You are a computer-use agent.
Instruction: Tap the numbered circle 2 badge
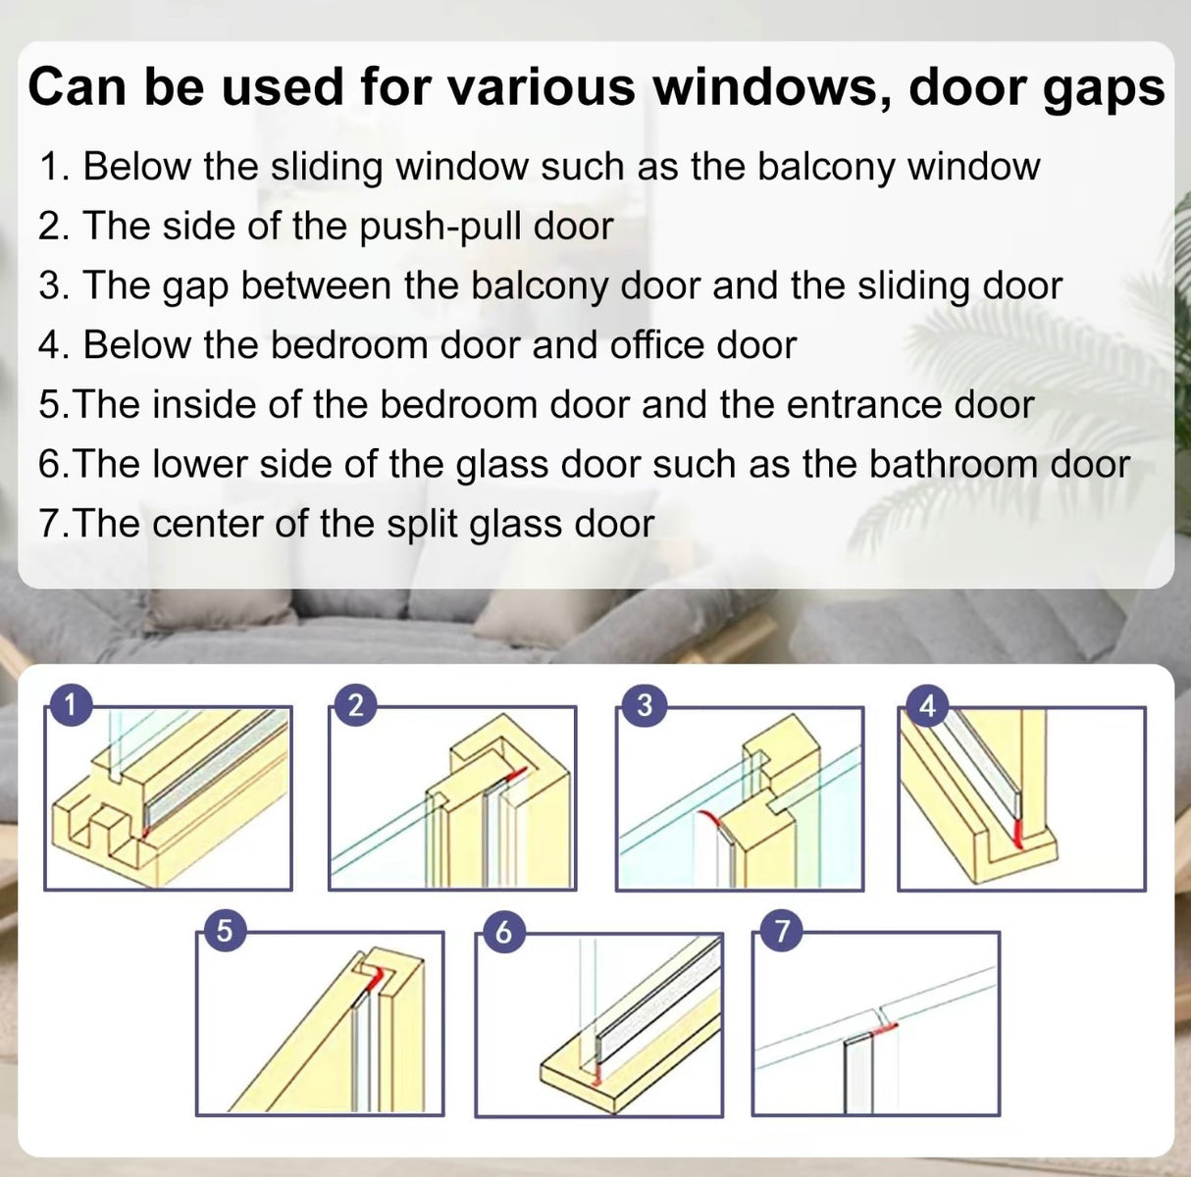[x=356, y=703]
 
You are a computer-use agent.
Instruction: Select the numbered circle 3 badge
[x=645, y=703]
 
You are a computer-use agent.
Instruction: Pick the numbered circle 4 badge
[x=927, y=703]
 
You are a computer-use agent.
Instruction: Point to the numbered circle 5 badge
[x=224, y=930]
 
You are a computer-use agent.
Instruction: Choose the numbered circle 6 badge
[x=502, y=930]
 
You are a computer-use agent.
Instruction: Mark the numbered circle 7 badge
[x=781, y=930]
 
